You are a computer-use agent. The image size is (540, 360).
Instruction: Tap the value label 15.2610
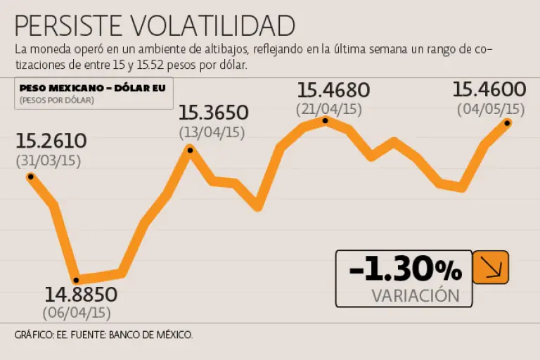click(x=51, y=141)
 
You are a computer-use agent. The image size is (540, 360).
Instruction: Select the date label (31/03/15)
click(x=49, y=160)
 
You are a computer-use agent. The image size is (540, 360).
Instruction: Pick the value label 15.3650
click(x=213, y=112)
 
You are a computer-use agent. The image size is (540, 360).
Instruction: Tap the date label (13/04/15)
click(x=212, y=131)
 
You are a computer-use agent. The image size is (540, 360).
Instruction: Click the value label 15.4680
click(x=333, y=90)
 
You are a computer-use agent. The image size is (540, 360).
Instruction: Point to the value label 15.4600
click(x=489, y=89)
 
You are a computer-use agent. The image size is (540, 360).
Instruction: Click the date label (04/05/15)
click(x=491, y=109)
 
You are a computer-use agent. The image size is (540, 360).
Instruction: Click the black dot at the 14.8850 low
click(x=76, y=280)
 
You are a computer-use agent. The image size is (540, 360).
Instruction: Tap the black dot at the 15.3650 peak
click(x=189, y=149)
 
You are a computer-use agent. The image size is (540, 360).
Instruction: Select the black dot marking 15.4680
click(x=325, y=121)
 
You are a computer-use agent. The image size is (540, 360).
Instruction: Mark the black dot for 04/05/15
click(x=507, y=123)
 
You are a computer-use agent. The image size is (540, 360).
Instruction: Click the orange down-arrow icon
click(x=490, y=267)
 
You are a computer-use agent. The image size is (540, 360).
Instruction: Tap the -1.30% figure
click(x=405, y=269)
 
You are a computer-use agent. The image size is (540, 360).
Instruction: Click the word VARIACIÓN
click(x=415, y=296)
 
